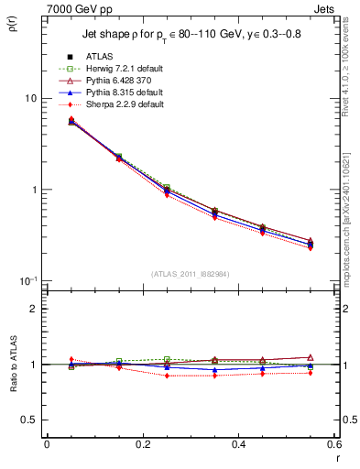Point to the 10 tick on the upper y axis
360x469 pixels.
[x=30, y=99]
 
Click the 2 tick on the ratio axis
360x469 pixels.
[x=34, y=309]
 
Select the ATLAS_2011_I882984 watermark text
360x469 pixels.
[x=190, y=274]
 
